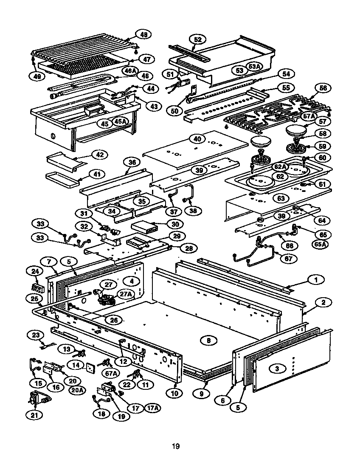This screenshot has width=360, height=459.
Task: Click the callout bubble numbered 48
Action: (143, 35)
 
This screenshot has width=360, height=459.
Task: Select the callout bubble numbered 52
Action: (197, 39)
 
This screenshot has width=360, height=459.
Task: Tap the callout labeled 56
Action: (323, 88)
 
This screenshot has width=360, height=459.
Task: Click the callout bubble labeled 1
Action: (315, 279)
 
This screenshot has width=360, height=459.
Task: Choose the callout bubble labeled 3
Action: (277, 369)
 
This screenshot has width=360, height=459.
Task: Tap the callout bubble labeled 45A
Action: (121, 122)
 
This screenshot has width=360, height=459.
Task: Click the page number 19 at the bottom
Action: (176, 446)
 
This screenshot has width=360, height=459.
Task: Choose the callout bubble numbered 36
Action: (132, 163)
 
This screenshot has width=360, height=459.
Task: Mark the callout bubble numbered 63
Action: (281, 198)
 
